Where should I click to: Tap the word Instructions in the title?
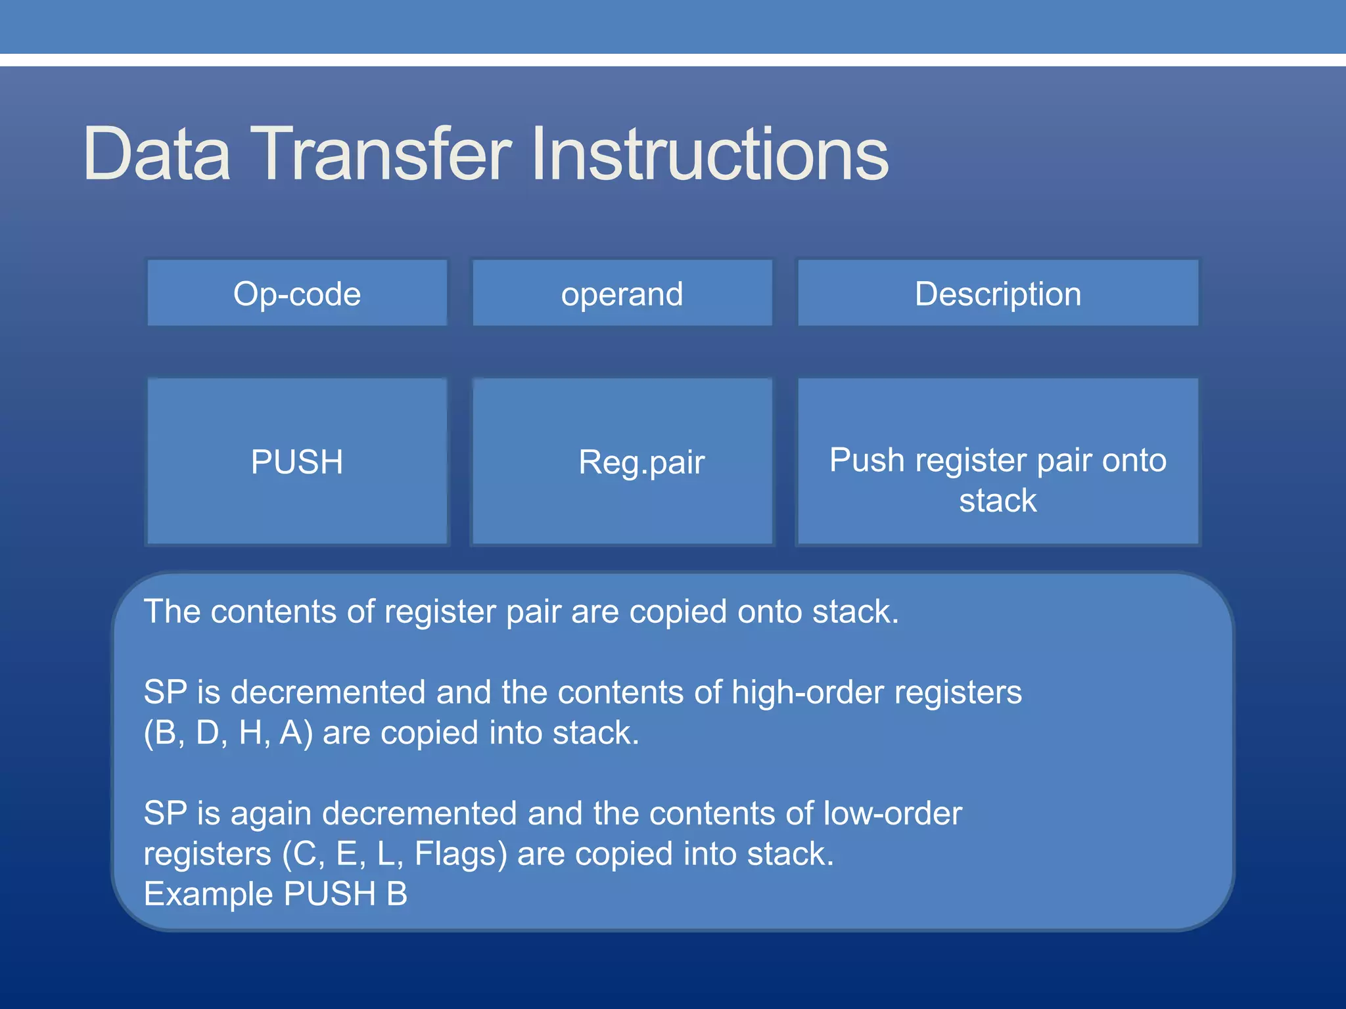(710, 154)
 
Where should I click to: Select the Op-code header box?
(297, 294)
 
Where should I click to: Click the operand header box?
(622, 294)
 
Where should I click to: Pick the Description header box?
(998, 294)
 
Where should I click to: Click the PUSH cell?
(297, 462)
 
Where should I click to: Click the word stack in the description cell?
(997, 501)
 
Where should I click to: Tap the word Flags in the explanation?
(460, 854)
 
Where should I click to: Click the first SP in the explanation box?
(165, 692)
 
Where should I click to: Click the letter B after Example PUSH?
(396, 894)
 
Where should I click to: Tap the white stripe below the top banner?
(673, 60)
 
